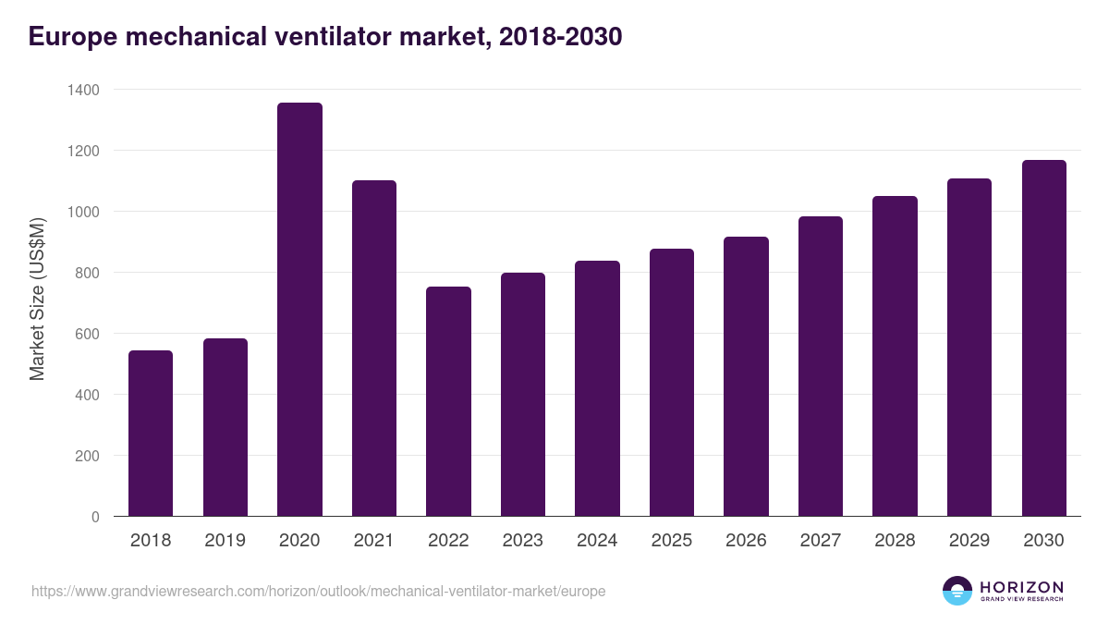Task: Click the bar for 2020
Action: [x=299, y=310]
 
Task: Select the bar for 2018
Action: [x=151, y=434]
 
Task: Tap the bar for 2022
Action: [x=448, y=401]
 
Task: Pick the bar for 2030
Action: [x=1044, y=338]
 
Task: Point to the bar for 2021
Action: [x=374, y=349]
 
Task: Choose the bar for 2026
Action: [x=746, y=376]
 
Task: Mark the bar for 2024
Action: [x=597, y=388]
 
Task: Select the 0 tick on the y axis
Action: [x=95, y=517]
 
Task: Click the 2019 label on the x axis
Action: [x=225, y=541]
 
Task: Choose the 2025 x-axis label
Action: [x=671, y=541]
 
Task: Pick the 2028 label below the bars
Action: [x=895, y=541]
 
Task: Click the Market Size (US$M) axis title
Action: [x=37, y=298]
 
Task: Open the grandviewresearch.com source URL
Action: [x=319, y=591]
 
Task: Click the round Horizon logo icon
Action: [x=957, y=591]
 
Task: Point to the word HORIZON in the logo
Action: [x=1021, y=586]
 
